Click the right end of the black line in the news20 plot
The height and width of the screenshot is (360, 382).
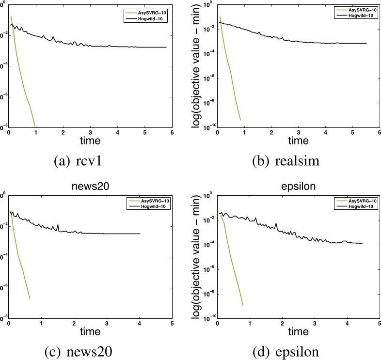(x=140, y=234)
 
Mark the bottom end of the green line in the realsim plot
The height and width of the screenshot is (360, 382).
(x=240, y=120)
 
